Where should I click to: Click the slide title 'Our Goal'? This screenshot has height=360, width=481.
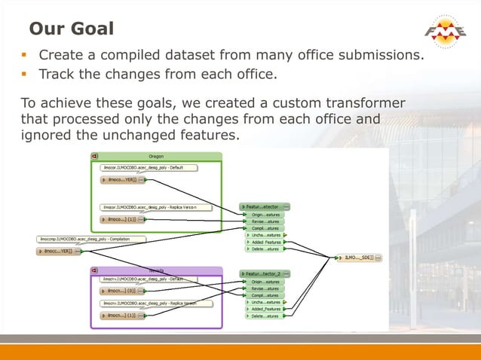tap(72, 29)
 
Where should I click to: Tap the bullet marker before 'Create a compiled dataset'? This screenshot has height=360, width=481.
tap(24, 56)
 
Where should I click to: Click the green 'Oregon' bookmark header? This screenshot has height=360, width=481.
tap(156, 156)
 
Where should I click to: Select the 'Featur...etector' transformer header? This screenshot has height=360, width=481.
tap(265, 206)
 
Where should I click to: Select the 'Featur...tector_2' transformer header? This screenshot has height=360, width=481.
tap(265, 273)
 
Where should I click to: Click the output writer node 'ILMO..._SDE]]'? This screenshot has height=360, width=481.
tap(358, 258)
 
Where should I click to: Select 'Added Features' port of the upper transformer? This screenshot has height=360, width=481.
tap(266, 243)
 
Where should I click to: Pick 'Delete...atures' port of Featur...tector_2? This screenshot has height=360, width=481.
tap(265, 316)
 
